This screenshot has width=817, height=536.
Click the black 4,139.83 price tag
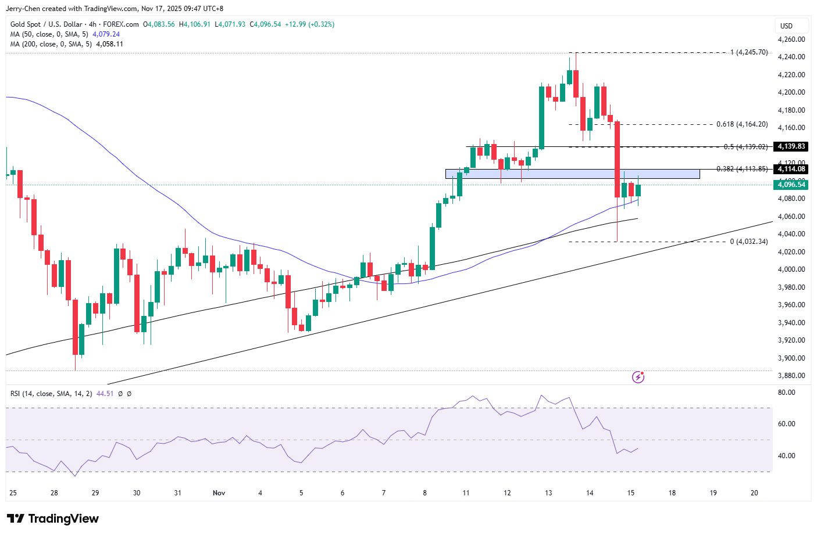tap(791, 147)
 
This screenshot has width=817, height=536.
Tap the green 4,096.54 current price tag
tap(791, 185)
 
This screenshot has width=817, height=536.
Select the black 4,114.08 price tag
tap(791, 169)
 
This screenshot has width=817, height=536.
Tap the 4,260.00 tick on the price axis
tap(791, 39)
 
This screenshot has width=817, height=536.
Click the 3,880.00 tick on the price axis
tap(791, 376)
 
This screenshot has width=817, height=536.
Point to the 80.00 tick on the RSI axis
tap(787, 393)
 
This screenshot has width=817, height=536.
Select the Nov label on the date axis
tap(219, 493)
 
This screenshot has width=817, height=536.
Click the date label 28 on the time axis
tap(54, 493)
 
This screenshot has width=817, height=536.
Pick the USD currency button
tap(787, 26)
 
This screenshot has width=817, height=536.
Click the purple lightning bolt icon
tap(638, 377)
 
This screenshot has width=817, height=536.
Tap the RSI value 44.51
tap(105, 394)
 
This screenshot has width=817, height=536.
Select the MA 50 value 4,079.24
tap(106, 34)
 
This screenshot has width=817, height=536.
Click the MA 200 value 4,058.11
tap(109, 44)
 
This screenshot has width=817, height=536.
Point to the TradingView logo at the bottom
tap(53, 519)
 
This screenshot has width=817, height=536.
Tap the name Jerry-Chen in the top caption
tap(23, 9)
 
